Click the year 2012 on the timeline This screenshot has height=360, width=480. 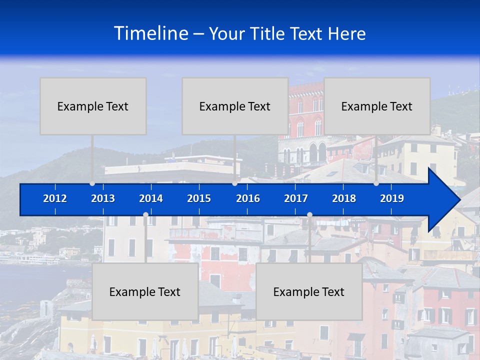click(x=55, y=198)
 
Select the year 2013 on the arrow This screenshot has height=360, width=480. click(x=103, y=198)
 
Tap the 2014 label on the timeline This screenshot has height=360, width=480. click(x=151, y=198)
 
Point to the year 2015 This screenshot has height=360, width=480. click(x=199, y=198)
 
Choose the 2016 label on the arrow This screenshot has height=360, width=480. click(x=248, y=198)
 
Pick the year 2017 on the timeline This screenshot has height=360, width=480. click(x=296, y=198)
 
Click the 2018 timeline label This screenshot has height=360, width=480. click(x=344, y=198)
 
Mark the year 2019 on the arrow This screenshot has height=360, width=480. click(x=392, y=198)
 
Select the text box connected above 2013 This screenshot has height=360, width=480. click(x=93, y=106)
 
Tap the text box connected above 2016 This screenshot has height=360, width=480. click(x=235, y=106)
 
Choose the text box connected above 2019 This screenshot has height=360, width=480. click(x=377, y=106)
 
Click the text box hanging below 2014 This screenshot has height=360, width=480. click(x=145, y=292)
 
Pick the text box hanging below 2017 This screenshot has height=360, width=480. click(x=309, y=292)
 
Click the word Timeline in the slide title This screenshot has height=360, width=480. click(x=151, y=33)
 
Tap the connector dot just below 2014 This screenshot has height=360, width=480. click(x=145, y=215)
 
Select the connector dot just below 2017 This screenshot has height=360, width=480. click(x=309, y=215)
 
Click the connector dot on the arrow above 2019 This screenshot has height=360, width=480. click(x=376, y=183)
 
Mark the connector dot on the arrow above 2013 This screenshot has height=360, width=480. click(x=92, y=183)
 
